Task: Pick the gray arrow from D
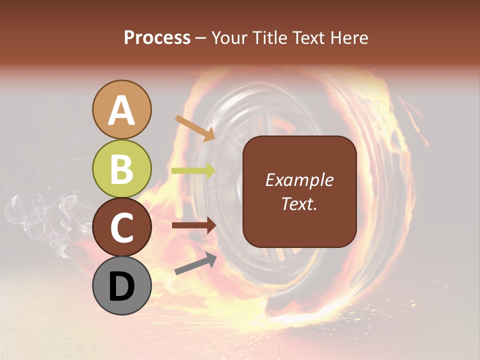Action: pos(195,264)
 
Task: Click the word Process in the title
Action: pos(157,37)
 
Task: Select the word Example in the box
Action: pos(299,180)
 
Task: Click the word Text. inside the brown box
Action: pos(299,203)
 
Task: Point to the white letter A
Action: pos(121,110)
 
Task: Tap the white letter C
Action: pos(121,228)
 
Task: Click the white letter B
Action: pos(121,169)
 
